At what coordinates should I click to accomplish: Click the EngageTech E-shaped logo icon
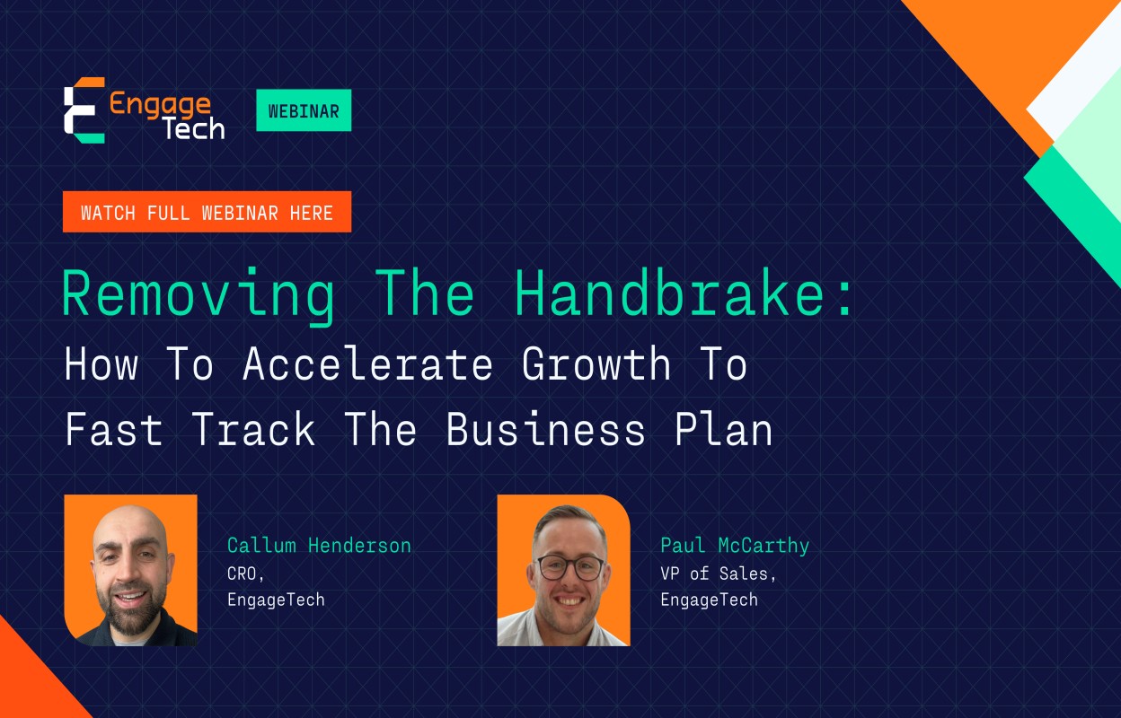tap(84, 110)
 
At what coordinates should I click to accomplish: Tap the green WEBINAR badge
tap(304, 110)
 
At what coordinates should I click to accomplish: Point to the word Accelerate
tap(367, 365)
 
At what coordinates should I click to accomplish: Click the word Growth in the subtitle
tap(596, 365)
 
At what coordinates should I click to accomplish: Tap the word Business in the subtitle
tap(545, 430)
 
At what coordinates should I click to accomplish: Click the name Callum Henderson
tap(319, 545)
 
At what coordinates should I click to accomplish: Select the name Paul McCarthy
tap(735, 545)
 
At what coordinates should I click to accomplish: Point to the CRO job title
tap(243, 573)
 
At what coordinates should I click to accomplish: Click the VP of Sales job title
tap(718, 573)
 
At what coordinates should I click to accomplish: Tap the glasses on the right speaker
tap(570, 567)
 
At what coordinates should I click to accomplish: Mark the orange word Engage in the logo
tap(160, 104)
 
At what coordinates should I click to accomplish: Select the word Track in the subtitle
tap(253, 430)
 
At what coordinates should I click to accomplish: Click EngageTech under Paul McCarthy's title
tap(709, 600)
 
